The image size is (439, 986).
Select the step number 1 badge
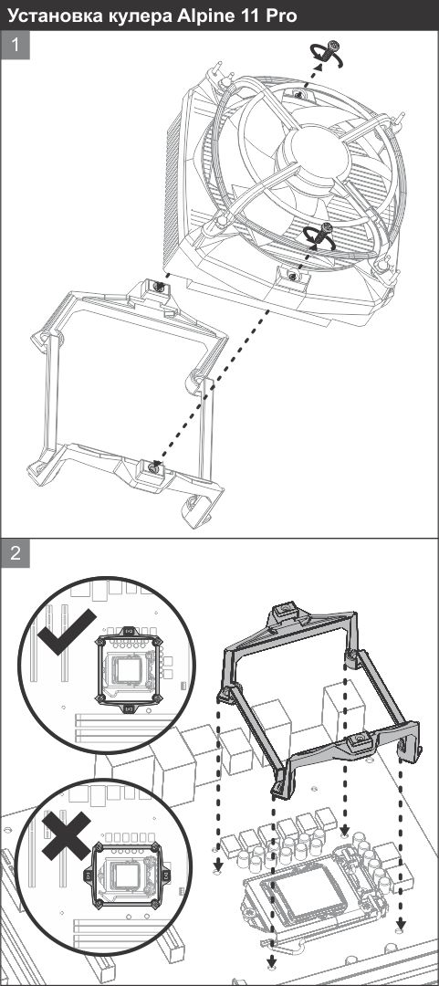pyautogui.click(x=16, y=47)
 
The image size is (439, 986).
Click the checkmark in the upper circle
pyautogui.click(x=66, y=631)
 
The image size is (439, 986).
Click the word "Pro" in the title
pyautogui.click(x=282, y=16)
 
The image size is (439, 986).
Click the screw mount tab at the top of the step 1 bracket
pyautogui.click(x=160, y=289)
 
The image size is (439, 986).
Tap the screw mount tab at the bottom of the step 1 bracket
pyautogui.click(x=152, y=468)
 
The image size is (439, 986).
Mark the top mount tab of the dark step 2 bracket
pyautogui.click(x=284, y=613)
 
